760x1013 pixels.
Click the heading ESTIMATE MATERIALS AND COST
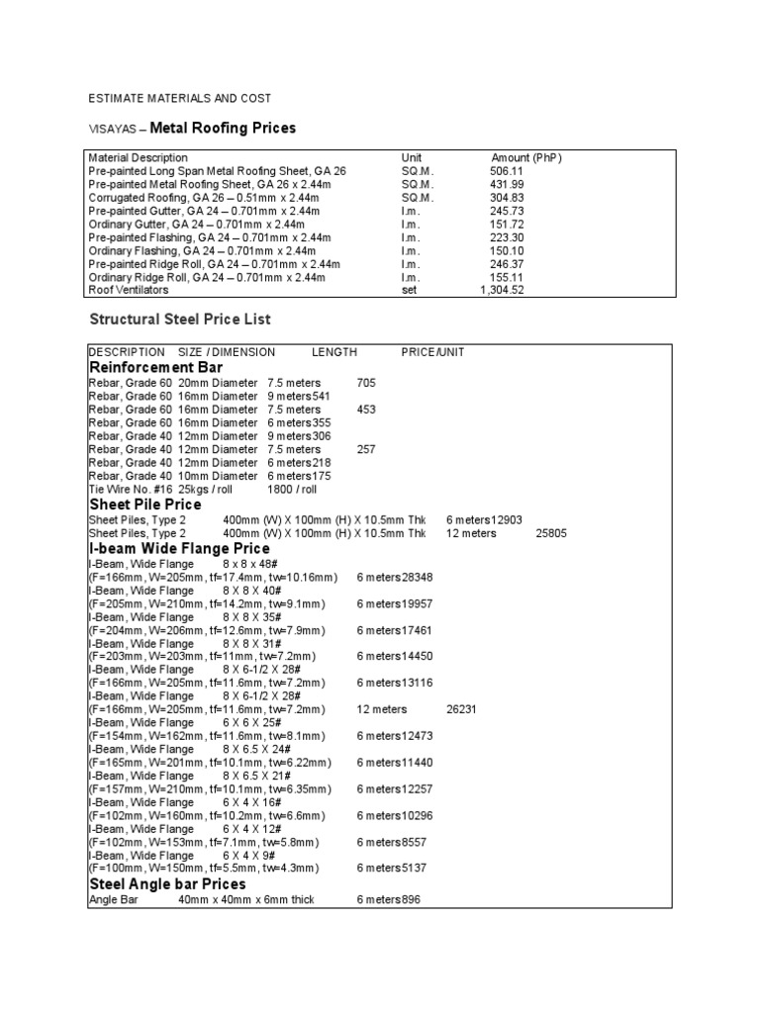coord(179,99)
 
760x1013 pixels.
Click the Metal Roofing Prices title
coord(222,128)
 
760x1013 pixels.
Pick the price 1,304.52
coord(501,291)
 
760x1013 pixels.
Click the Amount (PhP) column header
coord(526,157)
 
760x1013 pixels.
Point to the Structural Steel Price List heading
coord(180,320)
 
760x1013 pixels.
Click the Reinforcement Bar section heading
coord(162,367)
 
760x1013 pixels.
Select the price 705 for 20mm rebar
coord(366,383)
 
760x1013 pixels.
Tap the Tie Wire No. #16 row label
coord(129,489)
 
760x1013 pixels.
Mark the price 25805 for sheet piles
coord(551,533)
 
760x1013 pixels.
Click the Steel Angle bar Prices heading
coord(167,883)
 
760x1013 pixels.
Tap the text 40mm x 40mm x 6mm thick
coord(245,899)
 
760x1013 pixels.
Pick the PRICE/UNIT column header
coord(432,352)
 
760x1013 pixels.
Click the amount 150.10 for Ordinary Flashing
coord(505,251)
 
